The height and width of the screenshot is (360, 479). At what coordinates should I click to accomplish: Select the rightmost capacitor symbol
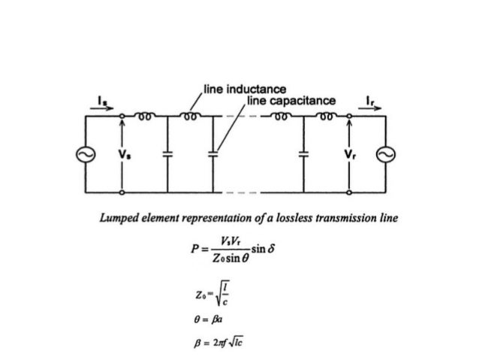[304, 153]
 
